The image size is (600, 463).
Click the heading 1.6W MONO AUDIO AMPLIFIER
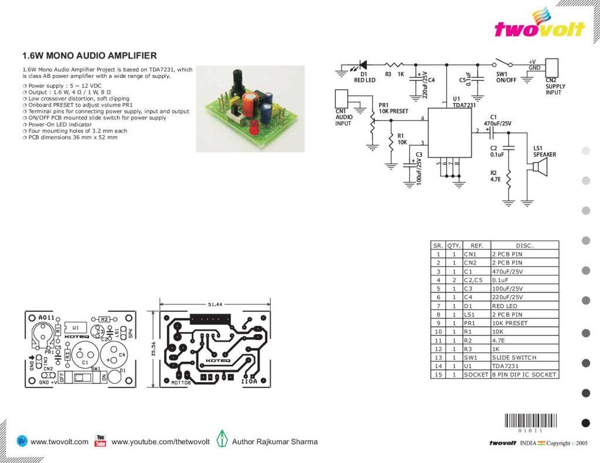click(89, 56)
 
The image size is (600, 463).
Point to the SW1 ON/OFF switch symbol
click(503, 64)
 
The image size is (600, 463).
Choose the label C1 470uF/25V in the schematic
click(497, 121)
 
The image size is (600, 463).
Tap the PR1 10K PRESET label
click(393, 108)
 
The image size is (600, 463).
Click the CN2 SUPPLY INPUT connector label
click(555, 86)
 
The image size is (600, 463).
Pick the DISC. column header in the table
click(524, 246)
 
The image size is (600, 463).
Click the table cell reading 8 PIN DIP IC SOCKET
click(524, 375)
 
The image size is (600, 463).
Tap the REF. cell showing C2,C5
click(475, 280)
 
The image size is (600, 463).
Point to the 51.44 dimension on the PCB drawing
click(214, 305)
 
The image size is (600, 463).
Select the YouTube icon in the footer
click(100, 441)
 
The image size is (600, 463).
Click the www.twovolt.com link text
click(59, 442)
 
